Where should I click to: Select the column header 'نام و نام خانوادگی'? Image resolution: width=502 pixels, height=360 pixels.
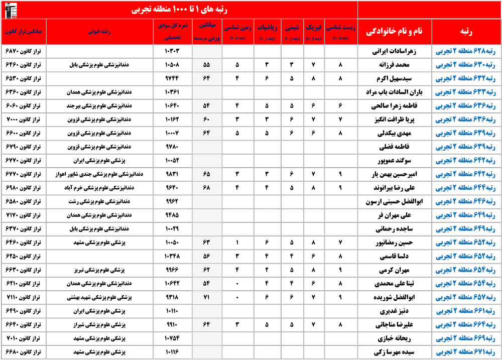point(395,31)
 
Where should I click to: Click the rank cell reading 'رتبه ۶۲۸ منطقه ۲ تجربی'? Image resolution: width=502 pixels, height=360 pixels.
point(466,51)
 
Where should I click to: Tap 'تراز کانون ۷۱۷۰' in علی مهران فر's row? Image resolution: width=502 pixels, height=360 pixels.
point(25,215)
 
